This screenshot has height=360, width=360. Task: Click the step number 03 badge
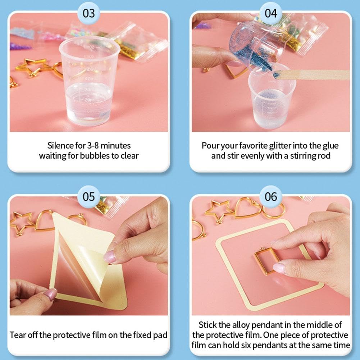[x=88, y=13]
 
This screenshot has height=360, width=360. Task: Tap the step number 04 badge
[x=271, y=13]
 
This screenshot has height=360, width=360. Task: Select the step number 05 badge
[x=88, y=197]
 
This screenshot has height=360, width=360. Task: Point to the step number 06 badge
[x=271, y=197]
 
